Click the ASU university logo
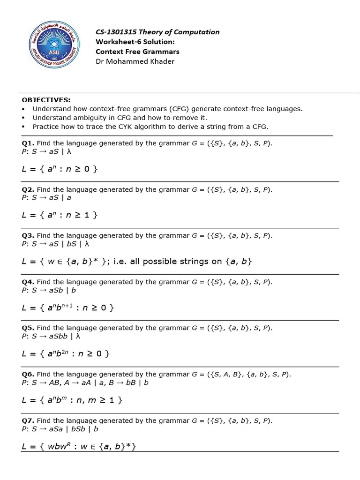56,46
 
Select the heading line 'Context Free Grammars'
137,52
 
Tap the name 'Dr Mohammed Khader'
135,61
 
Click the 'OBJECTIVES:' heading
46,100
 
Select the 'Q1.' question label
28,143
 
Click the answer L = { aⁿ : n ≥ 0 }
60,169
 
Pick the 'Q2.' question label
28,189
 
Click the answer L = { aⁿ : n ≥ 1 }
60,215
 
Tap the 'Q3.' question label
28,235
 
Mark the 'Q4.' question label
28,282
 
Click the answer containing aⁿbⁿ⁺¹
68,307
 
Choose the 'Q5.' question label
28,328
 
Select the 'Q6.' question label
28,374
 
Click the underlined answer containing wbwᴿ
79,446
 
